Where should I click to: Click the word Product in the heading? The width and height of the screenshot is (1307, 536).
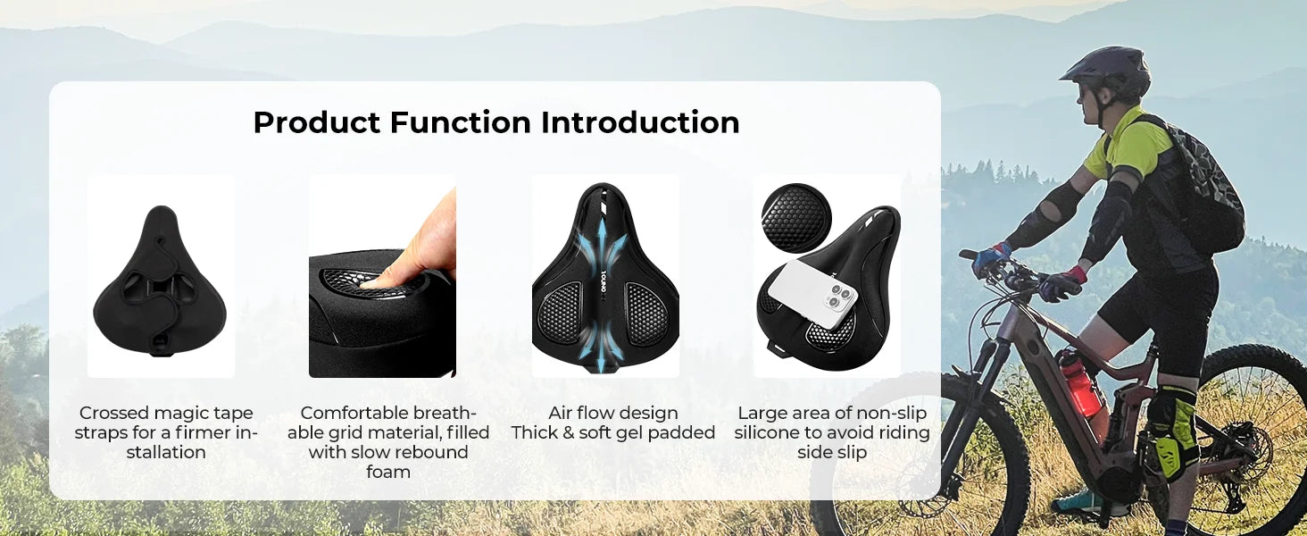point(317,123)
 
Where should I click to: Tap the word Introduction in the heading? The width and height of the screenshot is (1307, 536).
point(640,122)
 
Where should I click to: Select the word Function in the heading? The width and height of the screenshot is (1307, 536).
point(461,122)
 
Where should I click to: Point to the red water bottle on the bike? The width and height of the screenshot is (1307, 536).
point(1079,383)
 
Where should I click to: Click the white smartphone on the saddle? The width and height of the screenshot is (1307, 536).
point(812,294)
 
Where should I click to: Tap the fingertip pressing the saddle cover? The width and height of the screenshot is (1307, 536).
point(379,277)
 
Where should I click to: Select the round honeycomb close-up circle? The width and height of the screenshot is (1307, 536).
point(795,218)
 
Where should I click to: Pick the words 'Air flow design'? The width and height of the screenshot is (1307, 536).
point(612,413)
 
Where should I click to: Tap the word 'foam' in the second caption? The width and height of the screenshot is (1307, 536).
point(388,471)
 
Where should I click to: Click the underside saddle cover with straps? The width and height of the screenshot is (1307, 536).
point(159,281)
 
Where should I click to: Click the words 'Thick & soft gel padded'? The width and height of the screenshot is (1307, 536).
point(612,432)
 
